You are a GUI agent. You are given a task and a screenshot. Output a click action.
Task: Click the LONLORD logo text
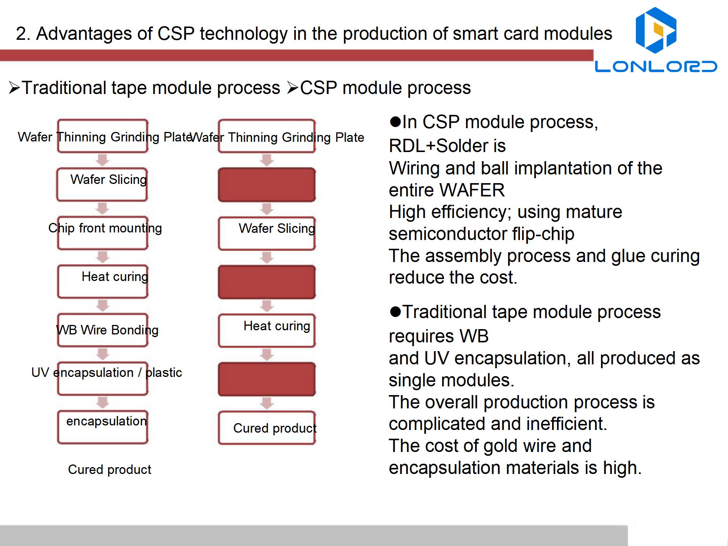click(656, 66)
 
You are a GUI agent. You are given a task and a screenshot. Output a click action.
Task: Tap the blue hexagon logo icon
click(656, 30)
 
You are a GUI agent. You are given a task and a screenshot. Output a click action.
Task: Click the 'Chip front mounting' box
click(103, 233)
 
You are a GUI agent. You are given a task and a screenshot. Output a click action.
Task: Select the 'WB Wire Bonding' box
click(103, 330)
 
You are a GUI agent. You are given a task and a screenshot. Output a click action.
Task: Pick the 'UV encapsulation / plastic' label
click(107, 372)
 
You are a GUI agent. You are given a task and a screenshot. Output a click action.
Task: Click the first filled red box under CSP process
click(267, 185)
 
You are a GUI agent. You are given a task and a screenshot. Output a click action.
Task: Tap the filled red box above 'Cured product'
click(267, 379)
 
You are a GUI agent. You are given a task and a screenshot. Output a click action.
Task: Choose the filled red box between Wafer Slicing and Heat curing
click(267, 282)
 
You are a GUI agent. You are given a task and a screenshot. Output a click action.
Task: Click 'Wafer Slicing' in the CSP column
click(277, 228)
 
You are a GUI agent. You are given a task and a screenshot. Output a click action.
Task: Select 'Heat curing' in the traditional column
click(115, 277)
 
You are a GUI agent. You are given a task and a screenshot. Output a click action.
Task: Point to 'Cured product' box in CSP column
click(267, 428)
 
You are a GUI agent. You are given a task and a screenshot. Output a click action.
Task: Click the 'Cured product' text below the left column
click(110, 469)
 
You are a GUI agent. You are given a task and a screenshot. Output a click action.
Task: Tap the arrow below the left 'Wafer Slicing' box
click(102, 209)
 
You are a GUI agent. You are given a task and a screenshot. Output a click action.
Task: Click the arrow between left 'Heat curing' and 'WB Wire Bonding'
click(102, 306)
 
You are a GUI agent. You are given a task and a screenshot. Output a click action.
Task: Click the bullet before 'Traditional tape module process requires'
click(395, 312)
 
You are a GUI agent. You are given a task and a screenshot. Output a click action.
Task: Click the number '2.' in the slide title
click(23, 34)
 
